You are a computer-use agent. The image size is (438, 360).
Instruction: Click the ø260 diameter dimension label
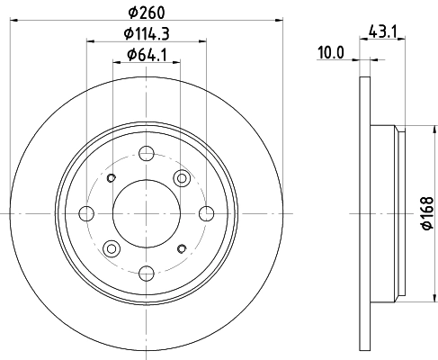click(x=147, y=13)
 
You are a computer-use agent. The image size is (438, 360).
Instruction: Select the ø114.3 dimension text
click(x=147, y=33)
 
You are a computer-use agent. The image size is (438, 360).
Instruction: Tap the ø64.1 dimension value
click(x=147, y=55)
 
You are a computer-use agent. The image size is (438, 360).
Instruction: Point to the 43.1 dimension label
click(x=383, y=31)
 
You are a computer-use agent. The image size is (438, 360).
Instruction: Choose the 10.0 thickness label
click(x=331, y=53)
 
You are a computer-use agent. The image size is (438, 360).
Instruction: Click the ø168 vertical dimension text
click(x=428, y=213)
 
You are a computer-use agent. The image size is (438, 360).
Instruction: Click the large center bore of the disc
click(x=147, y=213)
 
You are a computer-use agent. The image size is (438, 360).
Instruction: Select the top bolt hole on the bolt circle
click(x=147, y=153)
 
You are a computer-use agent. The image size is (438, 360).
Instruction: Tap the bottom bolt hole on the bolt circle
click(x=147, y=274)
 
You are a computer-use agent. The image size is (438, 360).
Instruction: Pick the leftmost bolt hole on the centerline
click(x=86, y=213)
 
